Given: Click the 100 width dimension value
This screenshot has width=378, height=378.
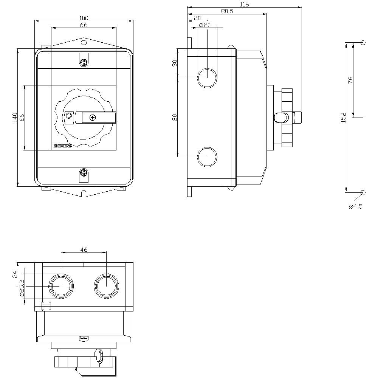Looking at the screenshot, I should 84,18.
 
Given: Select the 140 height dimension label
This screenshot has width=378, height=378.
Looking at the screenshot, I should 14,118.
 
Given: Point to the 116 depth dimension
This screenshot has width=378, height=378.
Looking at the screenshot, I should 245,4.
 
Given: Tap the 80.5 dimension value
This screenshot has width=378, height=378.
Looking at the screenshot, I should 227,11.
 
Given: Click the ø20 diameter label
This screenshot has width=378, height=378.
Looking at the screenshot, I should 204,25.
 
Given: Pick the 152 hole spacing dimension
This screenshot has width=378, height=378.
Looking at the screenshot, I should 342,118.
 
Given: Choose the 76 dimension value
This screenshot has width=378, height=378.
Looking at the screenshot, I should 350,80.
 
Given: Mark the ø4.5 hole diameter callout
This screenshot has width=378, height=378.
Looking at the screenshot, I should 356,206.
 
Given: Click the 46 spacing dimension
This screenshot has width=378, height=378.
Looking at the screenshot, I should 84,249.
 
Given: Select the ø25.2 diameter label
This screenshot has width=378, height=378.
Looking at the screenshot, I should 22,288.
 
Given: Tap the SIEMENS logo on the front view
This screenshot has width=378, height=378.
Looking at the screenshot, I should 62,146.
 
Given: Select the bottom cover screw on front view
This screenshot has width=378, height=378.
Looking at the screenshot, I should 84,174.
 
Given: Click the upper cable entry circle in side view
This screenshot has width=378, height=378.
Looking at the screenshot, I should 207,78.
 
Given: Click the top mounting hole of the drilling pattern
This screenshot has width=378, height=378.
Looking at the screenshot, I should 363,43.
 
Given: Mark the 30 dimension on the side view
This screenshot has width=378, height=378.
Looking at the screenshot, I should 175,63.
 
